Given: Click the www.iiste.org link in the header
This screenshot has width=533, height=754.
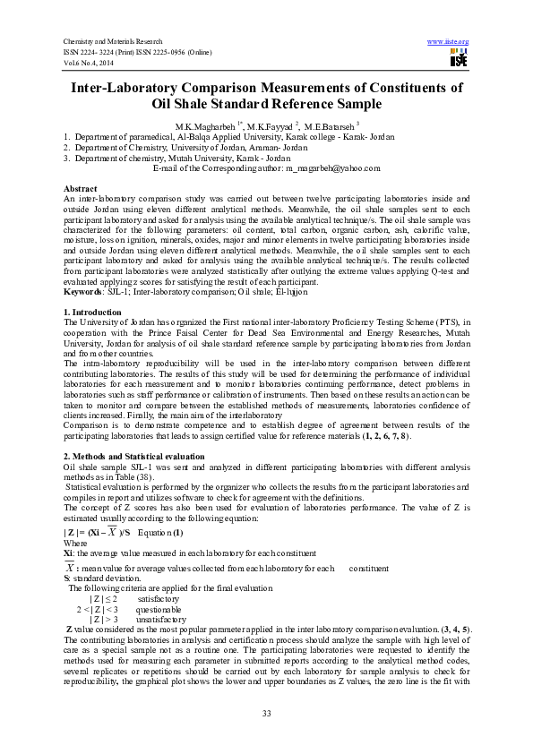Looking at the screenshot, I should coord(449,42).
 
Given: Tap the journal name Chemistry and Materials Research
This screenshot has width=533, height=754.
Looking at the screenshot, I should coord(112,42).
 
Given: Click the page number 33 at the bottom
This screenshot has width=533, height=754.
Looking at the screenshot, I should coord(266,712).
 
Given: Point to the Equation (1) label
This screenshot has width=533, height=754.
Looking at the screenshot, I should coord(160,533).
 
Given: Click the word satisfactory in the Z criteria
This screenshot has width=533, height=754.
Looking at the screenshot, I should coord(159,598).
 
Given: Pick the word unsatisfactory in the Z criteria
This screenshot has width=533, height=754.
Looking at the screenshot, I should coord(160,619).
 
